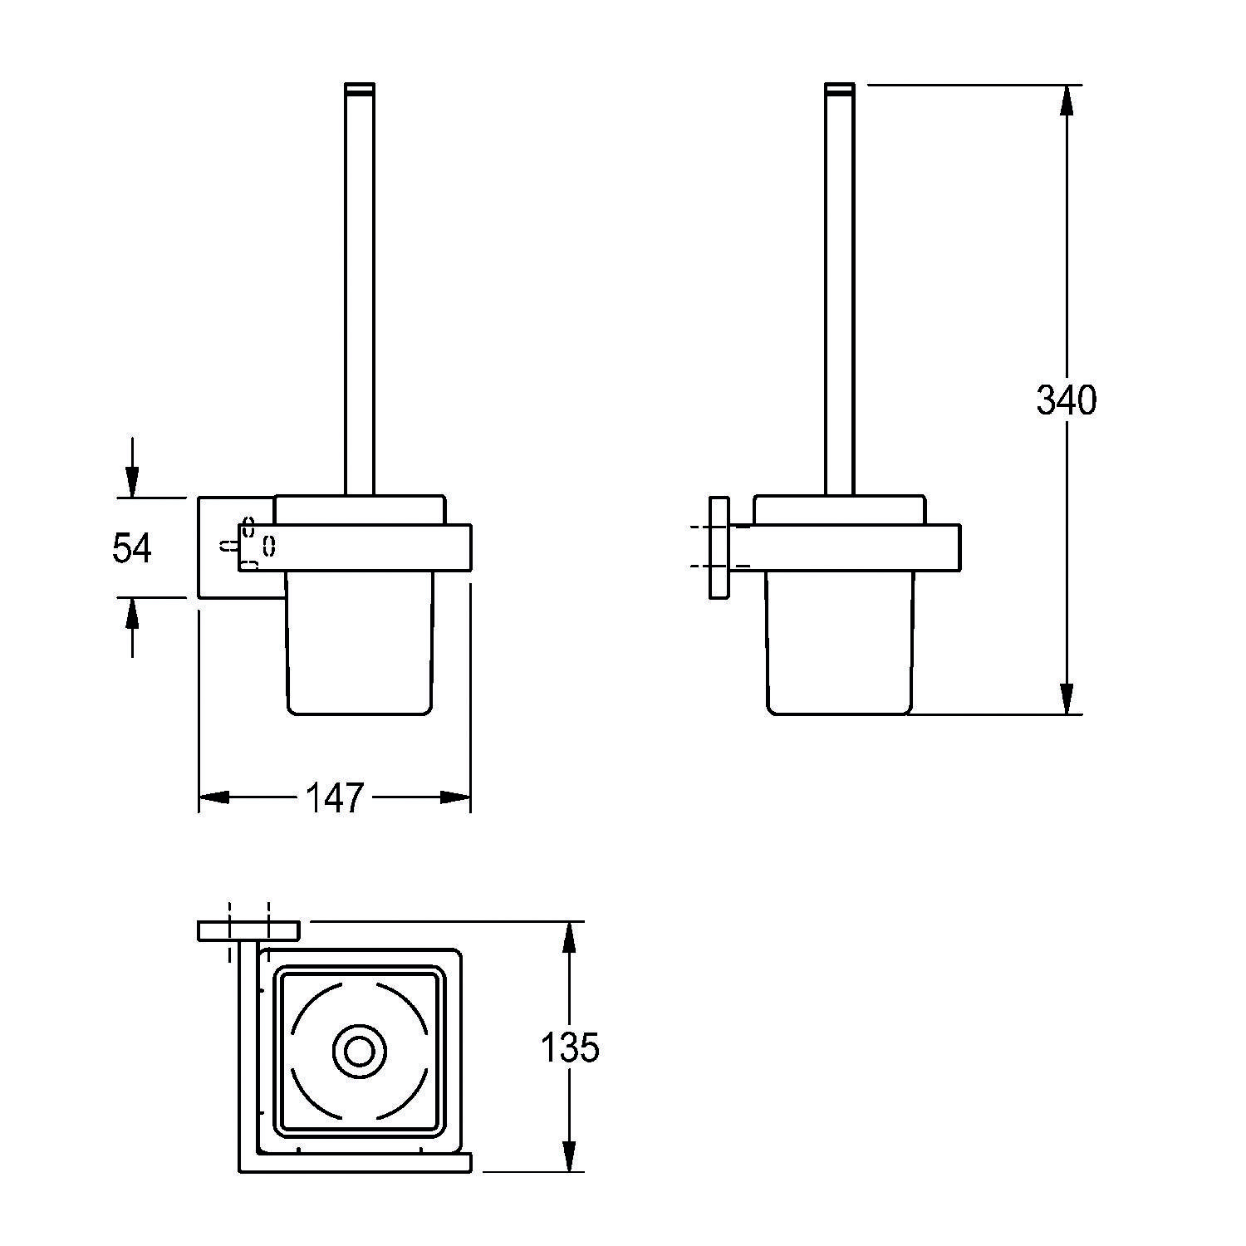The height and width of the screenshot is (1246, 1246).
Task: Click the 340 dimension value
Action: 1067,400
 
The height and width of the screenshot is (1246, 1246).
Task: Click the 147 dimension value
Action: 336,797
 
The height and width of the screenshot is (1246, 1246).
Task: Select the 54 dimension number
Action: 132,548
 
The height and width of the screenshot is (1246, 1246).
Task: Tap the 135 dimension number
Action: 570,1047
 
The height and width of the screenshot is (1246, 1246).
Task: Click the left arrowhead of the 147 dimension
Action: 214,797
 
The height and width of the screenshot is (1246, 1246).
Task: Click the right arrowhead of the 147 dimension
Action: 455,797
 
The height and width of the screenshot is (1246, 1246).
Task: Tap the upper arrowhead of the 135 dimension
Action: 569,938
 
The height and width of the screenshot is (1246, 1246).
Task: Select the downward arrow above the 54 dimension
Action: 131,468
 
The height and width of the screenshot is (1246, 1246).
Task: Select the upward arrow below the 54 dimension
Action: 131,627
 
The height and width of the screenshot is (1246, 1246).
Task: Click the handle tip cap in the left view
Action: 360,86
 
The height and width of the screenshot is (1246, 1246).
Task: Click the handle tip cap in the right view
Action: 840,86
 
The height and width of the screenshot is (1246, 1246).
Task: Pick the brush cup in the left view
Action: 360,644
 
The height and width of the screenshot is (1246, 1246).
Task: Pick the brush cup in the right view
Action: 840,644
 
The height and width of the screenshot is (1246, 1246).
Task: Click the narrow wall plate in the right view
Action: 719,547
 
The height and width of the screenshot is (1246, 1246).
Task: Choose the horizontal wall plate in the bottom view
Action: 248,931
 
